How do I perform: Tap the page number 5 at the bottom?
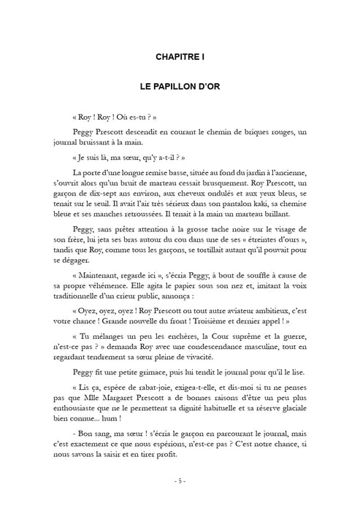tap(180, 481)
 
